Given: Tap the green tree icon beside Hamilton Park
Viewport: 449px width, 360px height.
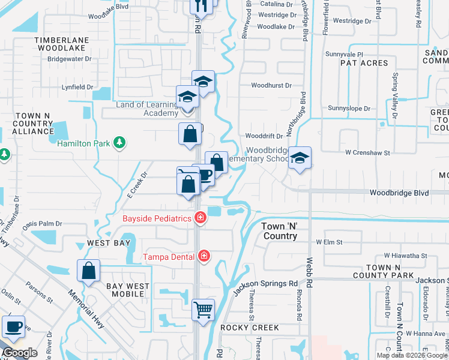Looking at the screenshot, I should (x=120, y=142).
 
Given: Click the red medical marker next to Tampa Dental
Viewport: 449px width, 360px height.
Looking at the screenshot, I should (x=204, y=256).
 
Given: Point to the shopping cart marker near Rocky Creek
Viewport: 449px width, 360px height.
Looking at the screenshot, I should (x=203, y=310).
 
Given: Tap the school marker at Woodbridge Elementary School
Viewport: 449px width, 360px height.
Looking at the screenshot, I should (x=300, y=158).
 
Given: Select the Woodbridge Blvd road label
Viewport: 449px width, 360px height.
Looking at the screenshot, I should (x=399, y=193).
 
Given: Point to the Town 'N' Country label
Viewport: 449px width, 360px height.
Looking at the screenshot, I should (x=280, y=231).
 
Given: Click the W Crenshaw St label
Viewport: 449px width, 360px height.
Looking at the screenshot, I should (x=367, y=152).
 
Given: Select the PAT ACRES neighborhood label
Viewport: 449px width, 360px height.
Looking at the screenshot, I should (x=364, y=62).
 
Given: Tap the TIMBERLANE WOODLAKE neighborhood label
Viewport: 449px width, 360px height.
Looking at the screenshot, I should (x=62, y=45).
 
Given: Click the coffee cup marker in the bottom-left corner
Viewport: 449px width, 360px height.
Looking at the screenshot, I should (x=13, y=328).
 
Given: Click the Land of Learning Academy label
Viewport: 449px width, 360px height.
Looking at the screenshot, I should (x=147, y=109).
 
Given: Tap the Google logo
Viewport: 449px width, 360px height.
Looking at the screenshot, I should (x=20, y=353).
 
